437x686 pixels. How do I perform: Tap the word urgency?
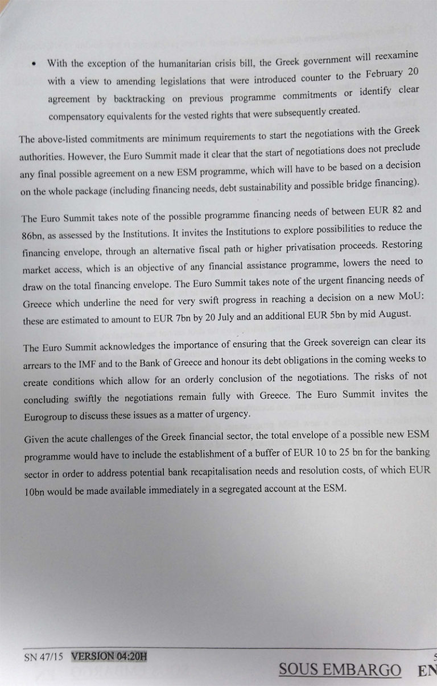tap(233, 414)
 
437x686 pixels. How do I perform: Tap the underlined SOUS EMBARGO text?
tap(340, 670)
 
